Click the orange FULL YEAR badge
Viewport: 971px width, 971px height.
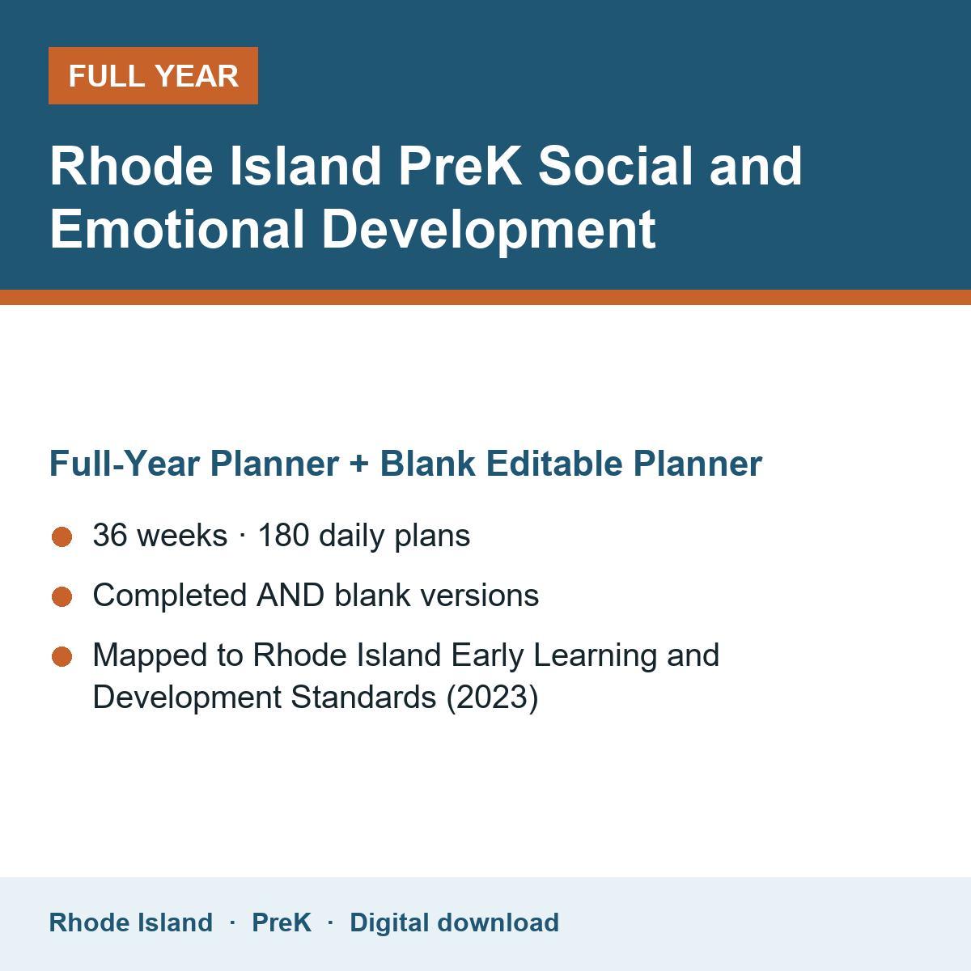coord(153,75)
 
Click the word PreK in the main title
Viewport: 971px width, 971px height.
coord(460,167)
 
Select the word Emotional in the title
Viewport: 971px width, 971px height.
coord(177,229)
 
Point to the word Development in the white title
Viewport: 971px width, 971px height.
coord(488,231)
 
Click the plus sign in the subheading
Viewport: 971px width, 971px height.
coord(359,464)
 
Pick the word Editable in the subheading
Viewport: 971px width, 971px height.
coord(554,463)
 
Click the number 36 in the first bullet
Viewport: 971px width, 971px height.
coord(110,535)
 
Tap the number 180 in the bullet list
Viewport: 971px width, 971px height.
coord(284,535)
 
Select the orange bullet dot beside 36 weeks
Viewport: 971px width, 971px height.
coord(62,536)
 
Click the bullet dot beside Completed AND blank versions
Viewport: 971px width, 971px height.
coord(62,596)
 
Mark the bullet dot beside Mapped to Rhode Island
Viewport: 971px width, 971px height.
coord(62,656)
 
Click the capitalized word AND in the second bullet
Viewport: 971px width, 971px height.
coord(290,595)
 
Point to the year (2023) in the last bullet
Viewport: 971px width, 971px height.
coord(492,698)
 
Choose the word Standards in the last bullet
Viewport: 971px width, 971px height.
coord(363,698)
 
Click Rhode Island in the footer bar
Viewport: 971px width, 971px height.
coord(131,922)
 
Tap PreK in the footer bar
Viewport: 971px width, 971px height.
coord(282,922)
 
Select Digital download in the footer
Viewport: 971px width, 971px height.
coord(455,922)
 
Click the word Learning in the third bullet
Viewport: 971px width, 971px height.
coord(595,656)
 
